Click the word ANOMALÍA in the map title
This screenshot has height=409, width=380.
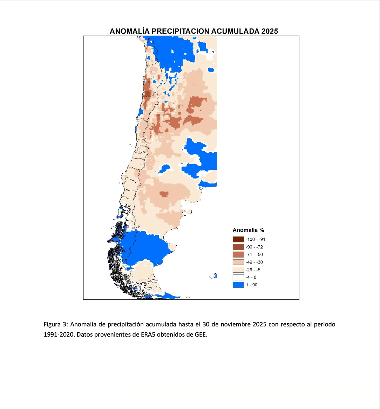(x=130, y=31)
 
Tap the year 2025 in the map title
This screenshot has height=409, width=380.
(x=269, y=31)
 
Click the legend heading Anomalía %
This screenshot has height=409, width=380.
(x=248, y=230)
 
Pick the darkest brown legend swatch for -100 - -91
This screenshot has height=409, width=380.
(x=238, y=239)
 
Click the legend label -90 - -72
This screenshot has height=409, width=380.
(x=254, y=247)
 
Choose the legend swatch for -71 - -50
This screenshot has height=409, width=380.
(x=238, y=255)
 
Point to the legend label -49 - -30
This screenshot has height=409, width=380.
(x=254, y=262)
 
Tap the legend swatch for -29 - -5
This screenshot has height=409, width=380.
(x=238, y=270)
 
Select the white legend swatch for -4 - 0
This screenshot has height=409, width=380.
(x=238, y=278)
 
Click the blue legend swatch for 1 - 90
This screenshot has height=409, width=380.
(x=238, y=285)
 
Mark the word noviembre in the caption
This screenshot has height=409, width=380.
(x=236, y=324)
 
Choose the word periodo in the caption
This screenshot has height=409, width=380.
(x=325, y=324)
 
